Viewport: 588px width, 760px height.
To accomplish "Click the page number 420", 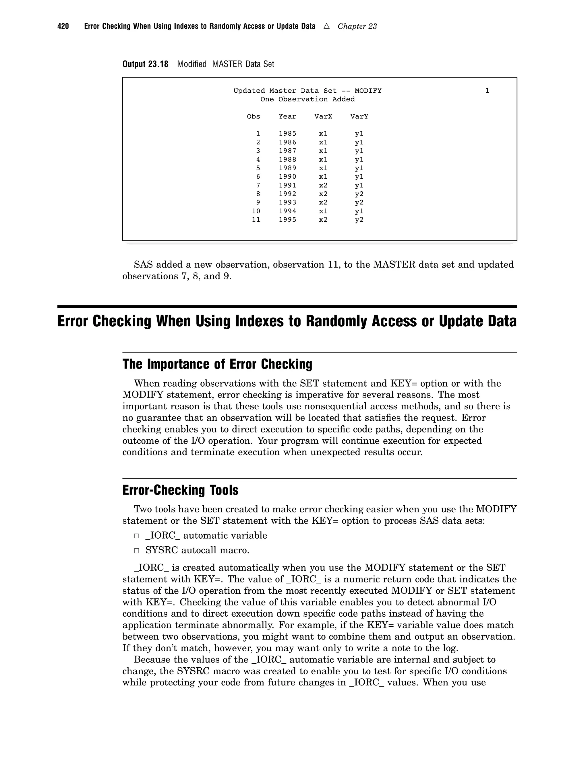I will tap(63, 26).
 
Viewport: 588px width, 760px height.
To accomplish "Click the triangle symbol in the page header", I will tap(326, 26).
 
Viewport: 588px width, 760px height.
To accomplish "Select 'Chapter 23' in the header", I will tap(357, 26).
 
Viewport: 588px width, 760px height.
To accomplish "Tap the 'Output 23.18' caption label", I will tap(145, 64).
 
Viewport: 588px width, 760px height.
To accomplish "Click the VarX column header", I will tap(323, 116).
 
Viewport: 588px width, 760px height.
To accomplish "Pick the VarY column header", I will tap(359, 116).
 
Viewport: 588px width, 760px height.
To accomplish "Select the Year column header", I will tap(287, 116).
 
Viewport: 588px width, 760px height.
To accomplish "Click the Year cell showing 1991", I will tap(287, 186).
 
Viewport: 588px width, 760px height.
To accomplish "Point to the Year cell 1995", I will tap(287, 220).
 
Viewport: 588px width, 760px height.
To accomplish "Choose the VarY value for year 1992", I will tap(359, 194).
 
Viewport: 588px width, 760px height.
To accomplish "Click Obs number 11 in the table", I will tap(256, 220).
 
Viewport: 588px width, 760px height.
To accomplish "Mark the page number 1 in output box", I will tap(487, 91).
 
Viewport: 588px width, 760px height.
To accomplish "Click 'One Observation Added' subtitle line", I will tap(307, 100).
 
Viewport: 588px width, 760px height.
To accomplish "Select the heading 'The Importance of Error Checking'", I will tap(217, 364).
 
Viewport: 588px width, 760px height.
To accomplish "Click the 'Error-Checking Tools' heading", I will tap(180, 490).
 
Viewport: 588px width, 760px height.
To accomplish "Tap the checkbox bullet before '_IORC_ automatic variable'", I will tap(137, 536).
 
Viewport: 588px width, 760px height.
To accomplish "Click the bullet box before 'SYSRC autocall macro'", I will tap(137, 551).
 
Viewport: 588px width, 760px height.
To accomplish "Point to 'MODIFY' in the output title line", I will tap(368, 91).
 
